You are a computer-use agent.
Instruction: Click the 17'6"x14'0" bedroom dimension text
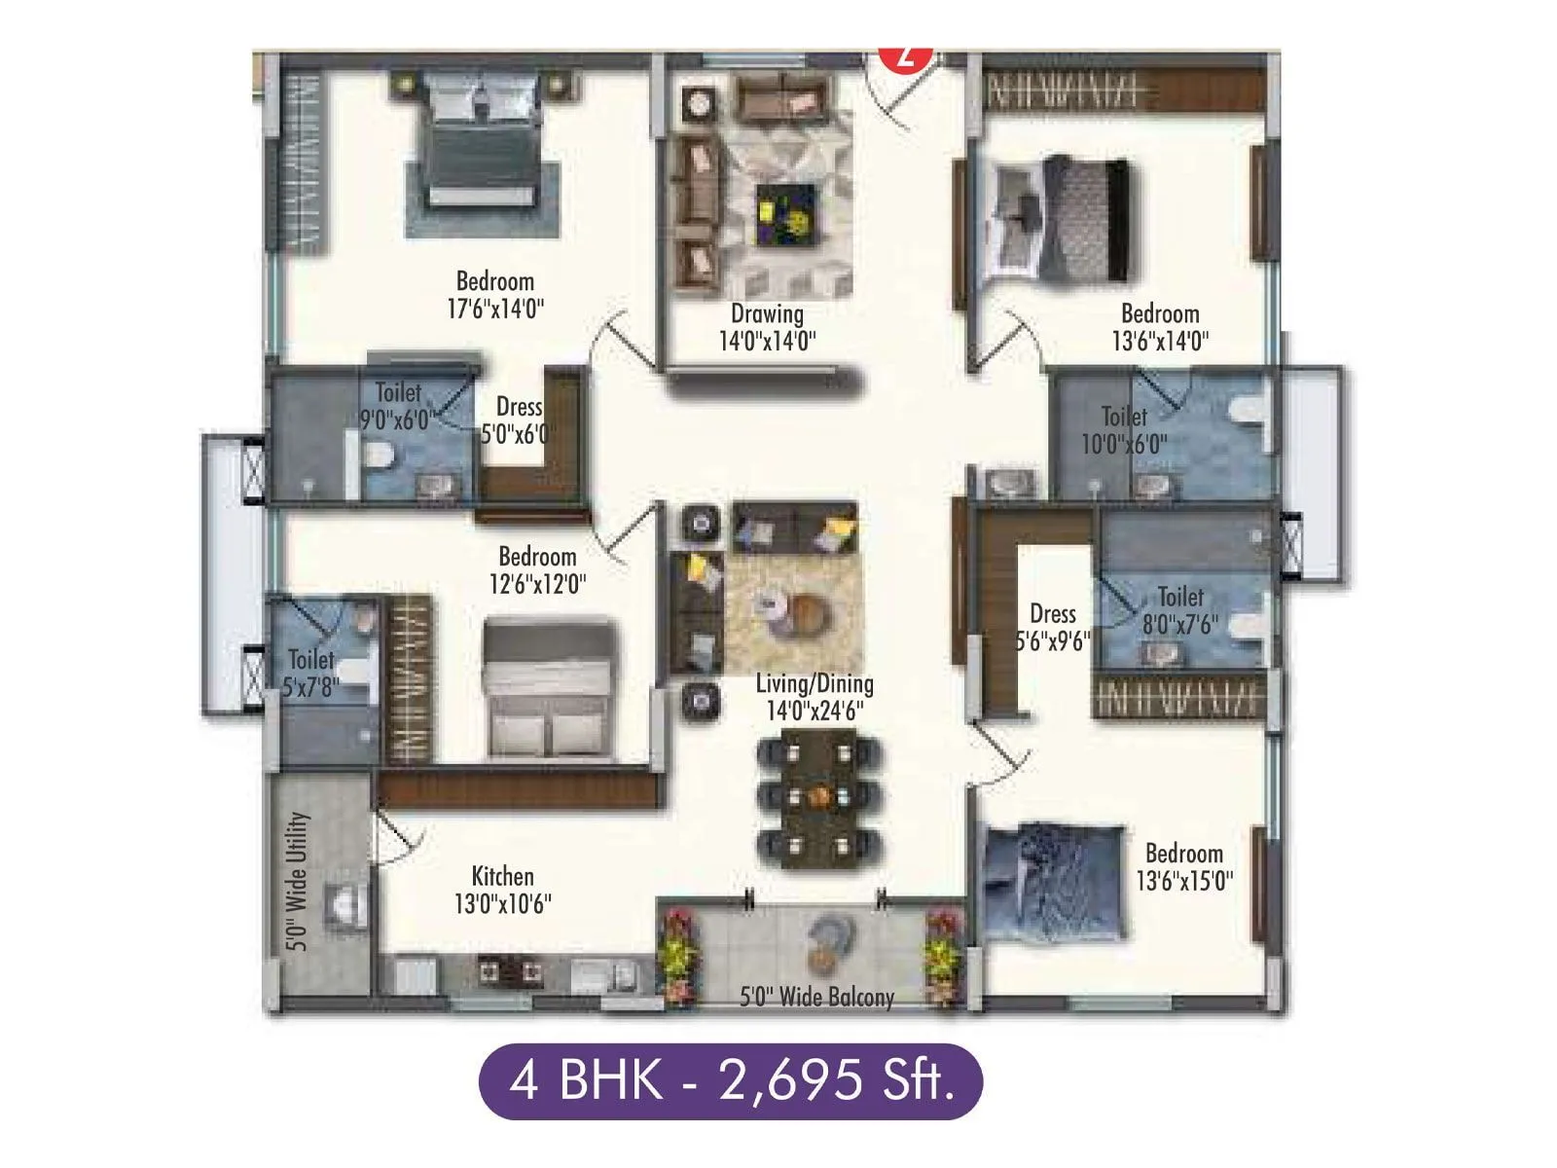[494, 310]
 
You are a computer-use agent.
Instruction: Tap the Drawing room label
[767, 313]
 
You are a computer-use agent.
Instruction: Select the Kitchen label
[502, 875]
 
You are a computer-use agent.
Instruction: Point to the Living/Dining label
[814, 683]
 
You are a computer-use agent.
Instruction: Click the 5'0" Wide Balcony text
[816, 997]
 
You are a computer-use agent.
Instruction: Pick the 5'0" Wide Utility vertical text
[298, 882]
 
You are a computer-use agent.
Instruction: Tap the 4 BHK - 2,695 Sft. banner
[730, 1080]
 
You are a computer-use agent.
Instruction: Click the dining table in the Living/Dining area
[818, 797]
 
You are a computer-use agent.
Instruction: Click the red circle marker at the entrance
[906, 56]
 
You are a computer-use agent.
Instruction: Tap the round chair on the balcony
[831, 940]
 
